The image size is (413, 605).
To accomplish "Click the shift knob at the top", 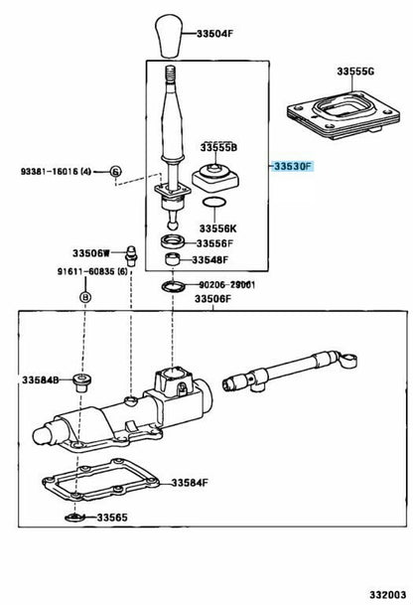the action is pos(168,36).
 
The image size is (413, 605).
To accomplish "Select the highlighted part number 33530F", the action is pos(293,166).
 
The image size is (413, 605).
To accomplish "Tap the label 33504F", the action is pos(214,34).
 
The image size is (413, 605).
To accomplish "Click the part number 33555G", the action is pos(355,71).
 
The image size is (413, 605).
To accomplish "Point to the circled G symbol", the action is pos(116,171).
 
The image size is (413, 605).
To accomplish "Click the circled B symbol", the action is pos(85,297).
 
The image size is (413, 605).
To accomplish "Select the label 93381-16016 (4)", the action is pos(56,171).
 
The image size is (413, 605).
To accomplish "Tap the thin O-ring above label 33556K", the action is pos(214,202).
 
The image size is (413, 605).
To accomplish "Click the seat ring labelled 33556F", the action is pos(173,241).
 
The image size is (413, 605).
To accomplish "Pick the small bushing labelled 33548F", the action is pos(173,259).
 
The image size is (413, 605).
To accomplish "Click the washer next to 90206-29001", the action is pos(173,287).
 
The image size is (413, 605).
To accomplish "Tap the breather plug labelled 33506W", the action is pos(131,255).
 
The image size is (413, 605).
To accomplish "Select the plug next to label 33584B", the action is pos(81,382).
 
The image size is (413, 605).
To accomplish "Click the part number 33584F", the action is pos(190,482).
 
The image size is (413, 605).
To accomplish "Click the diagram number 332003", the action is pos(388,595).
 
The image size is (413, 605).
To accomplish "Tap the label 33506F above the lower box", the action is pos(212,299).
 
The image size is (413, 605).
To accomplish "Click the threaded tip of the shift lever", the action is pos(170,74).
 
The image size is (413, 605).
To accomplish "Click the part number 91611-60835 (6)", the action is pos(92,271).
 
